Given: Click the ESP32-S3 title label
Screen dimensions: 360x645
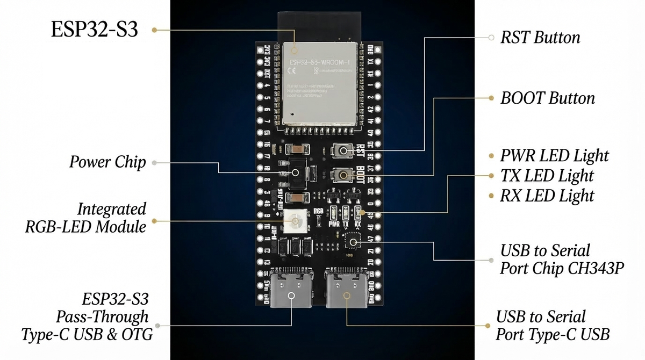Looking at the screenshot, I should tap(95, 30).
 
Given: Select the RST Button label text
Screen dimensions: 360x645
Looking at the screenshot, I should tap(540, 38).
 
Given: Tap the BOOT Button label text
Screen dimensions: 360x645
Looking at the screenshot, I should tap(547, 98).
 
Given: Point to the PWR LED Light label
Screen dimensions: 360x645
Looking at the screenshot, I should tap(554, 156).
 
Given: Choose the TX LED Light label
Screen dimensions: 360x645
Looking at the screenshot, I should tap(547, 176).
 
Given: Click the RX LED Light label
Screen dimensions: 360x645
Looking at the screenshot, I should tap(547, 196).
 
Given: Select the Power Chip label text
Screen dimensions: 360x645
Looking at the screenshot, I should tap(107, 162).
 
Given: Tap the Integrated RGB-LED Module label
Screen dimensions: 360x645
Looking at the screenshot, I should tap(86, 218).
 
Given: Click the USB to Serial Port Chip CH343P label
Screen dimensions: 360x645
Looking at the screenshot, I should tap(561, 260).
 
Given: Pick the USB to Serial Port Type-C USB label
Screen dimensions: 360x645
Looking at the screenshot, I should tap(552, 326).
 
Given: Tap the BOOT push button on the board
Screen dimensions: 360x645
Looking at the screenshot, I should tap(342, 175).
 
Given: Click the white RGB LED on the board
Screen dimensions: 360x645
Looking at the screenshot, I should tap(296, 220).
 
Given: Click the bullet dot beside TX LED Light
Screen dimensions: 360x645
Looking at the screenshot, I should tap(491, 176).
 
